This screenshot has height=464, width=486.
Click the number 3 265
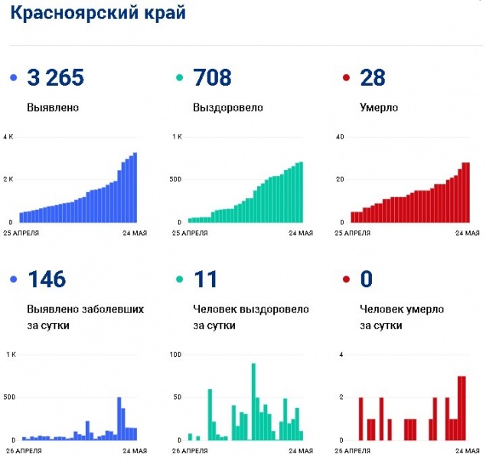55,77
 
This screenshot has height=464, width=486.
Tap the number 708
213,77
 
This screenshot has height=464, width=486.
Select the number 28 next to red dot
373,77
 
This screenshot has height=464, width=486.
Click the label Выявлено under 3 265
52,107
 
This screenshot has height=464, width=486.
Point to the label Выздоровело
227,107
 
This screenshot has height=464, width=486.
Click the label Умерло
379,107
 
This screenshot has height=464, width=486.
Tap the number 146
47,279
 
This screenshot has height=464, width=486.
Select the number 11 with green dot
205,279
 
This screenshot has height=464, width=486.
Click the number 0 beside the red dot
366,279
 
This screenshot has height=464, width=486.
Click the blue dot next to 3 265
13,78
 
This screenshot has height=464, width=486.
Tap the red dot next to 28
347,78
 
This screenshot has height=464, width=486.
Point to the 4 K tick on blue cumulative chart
8,137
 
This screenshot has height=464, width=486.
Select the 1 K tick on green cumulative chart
175,137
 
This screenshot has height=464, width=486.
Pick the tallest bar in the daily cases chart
119,419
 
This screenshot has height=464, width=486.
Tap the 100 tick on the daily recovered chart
175,355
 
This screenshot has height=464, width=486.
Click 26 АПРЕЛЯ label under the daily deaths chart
354,450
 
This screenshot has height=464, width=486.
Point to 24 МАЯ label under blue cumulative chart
133,233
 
